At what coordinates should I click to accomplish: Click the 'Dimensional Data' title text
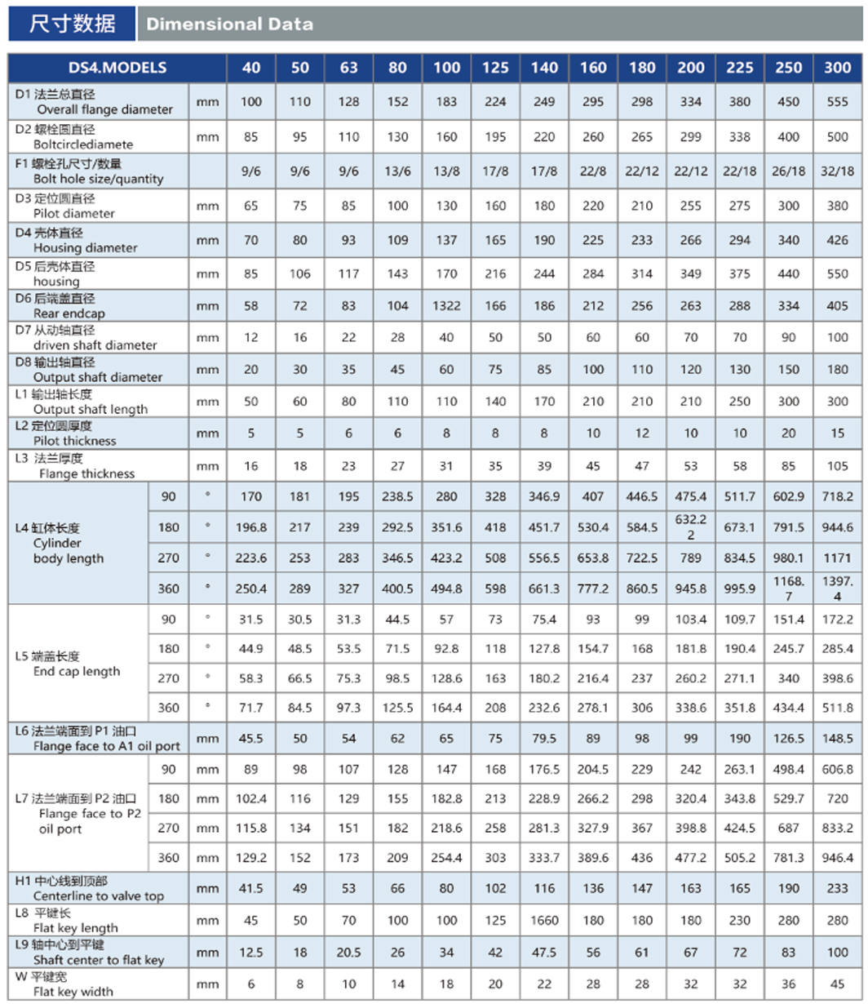pyautogui.click(x=229, y=24)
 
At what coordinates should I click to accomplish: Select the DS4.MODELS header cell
pyautogui.click(x=117, y=68)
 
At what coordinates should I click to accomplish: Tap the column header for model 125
pyautogui.click(x=495, y=68)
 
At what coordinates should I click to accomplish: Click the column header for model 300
pyautogui.click(x=838, y=68)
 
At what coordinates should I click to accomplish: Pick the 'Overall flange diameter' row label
pyautogui.click(x=103, y=109)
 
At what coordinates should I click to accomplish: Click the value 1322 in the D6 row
pyautogui.click(x=446, y=306)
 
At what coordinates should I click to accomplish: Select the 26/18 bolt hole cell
pyautogui.click(x=789, y=171)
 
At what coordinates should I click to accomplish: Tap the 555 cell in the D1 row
pyautogui.click(x=838, y=101)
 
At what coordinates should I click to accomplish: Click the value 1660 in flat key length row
pyautogui.click(x=544, y=920)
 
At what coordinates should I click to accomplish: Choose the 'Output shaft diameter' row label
pyautogui.click(x=98, y=377)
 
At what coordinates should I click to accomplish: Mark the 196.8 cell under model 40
pyautogui.click(x=251, y=528)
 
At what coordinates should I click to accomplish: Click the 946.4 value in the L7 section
pyautogui.click(x=838, y=858)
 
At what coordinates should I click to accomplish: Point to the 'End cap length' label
pyautogui.click(x=77, y=671)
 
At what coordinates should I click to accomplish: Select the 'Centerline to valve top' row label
pyautogui.click(x=98, y=895)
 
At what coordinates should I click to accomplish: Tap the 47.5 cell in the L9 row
pyautogui.click(x=544, y=953)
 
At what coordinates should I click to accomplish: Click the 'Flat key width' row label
pyautogui.click(x=73, y=992)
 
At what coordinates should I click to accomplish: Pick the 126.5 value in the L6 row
pyautogui.click(x=789, y=738)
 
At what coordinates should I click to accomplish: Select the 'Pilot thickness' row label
pyautogui.click(x=75, y=441)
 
